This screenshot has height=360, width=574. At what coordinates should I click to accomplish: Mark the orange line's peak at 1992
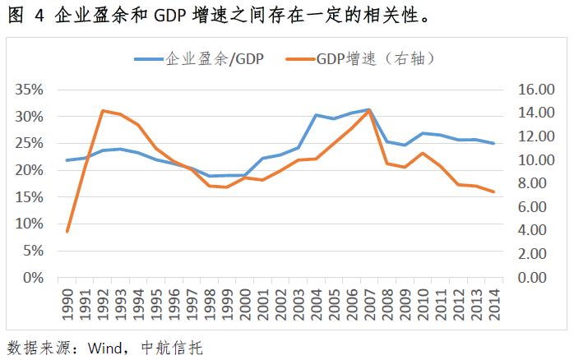point(102,110)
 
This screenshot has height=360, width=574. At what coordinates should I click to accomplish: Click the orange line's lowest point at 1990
point(67,231)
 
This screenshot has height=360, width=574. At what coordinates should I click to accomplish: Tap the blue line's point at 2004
point(315,115)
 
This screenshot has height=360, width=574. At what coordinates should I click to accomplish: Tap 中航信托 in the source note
point(170,346)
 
